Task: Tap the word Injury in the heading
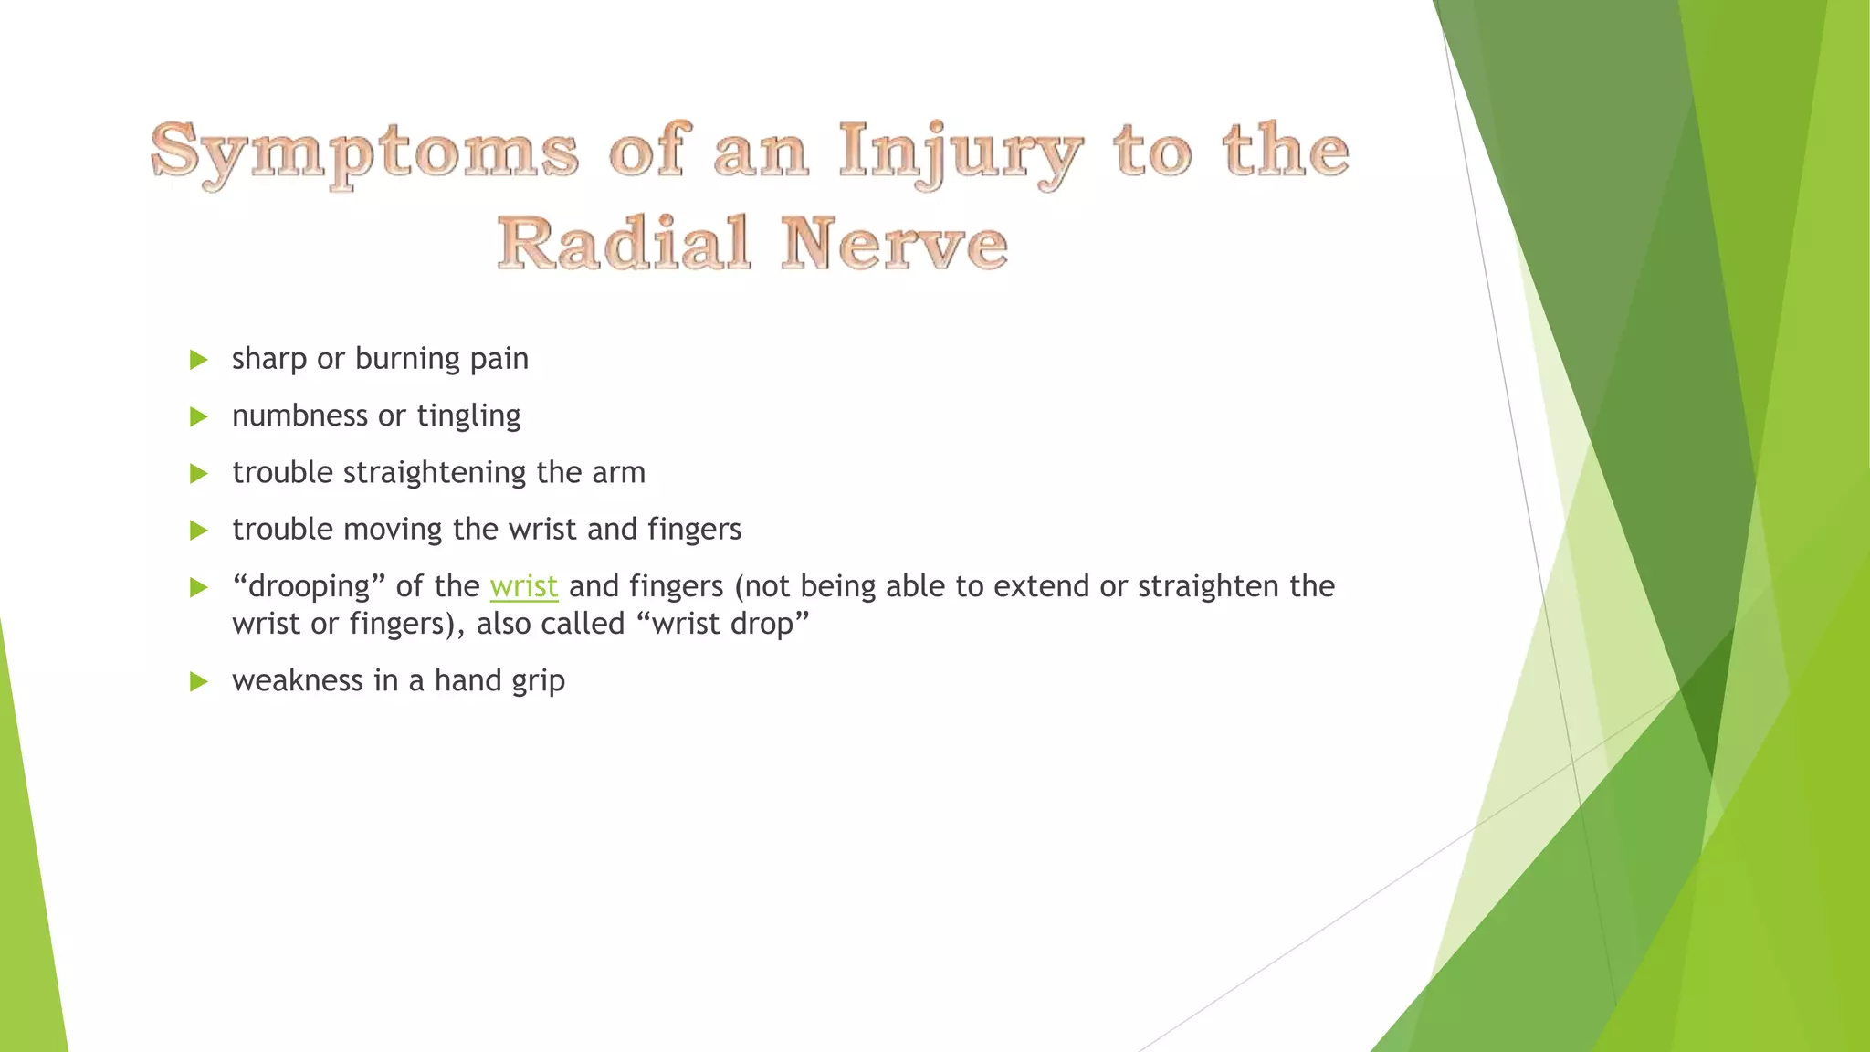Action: (961, 153)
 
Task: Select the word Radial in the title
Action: (624, 243)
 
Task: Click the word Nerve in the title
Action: (894, 243)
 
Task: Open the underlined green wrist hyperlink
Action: (523, 586)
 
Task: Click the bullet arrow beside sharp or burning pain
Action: (198, 360)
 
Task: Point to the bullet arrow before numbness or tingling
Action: (198, 417)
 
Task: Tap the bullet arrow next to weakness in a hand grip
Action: (198, 681)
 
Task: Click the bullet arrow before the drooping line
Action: (198, 587)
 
